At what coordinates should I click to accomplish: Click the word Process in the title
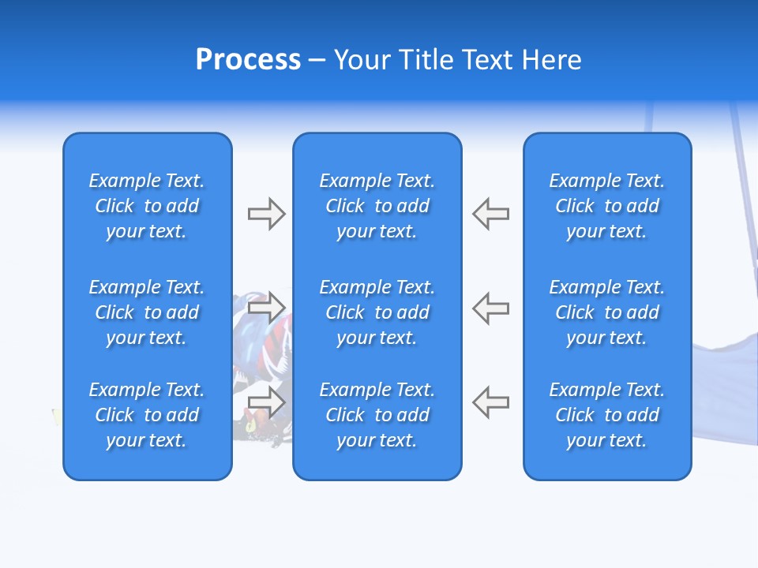[x=248, y=60]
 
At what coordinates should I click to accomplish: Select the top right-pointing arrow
[x=267, y=214]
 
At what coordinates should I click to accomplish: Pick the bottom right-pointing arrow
[x=267, y=402]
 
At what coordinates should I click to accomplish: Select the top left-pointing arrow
[x=491, y=214]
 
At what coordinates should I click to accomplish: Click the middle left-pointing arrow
[x=491, y=307]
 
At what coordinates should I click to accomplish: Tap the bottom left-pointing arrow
[x=491, y=402]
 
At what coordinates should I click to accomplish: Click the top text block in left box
[x=147, y=206]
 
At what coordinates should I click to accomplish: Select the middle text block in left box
[x=147, y=312]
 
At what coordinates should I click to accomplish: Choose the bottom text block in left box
[x=147, y=415]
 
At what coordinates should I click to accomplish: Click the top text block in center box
[x=377, y=206]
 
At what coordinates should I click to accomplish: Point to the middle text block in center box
[x=377, y=312]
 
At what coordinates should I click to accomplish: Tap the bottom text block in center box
[x=377, y=415]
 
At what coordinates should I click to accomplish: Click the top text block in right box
[x=607, y=206]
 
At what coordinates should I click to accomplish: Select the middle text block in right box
[x=607, y=312]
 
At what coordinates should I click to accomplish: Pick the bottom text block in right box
[x=607, y=415]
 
